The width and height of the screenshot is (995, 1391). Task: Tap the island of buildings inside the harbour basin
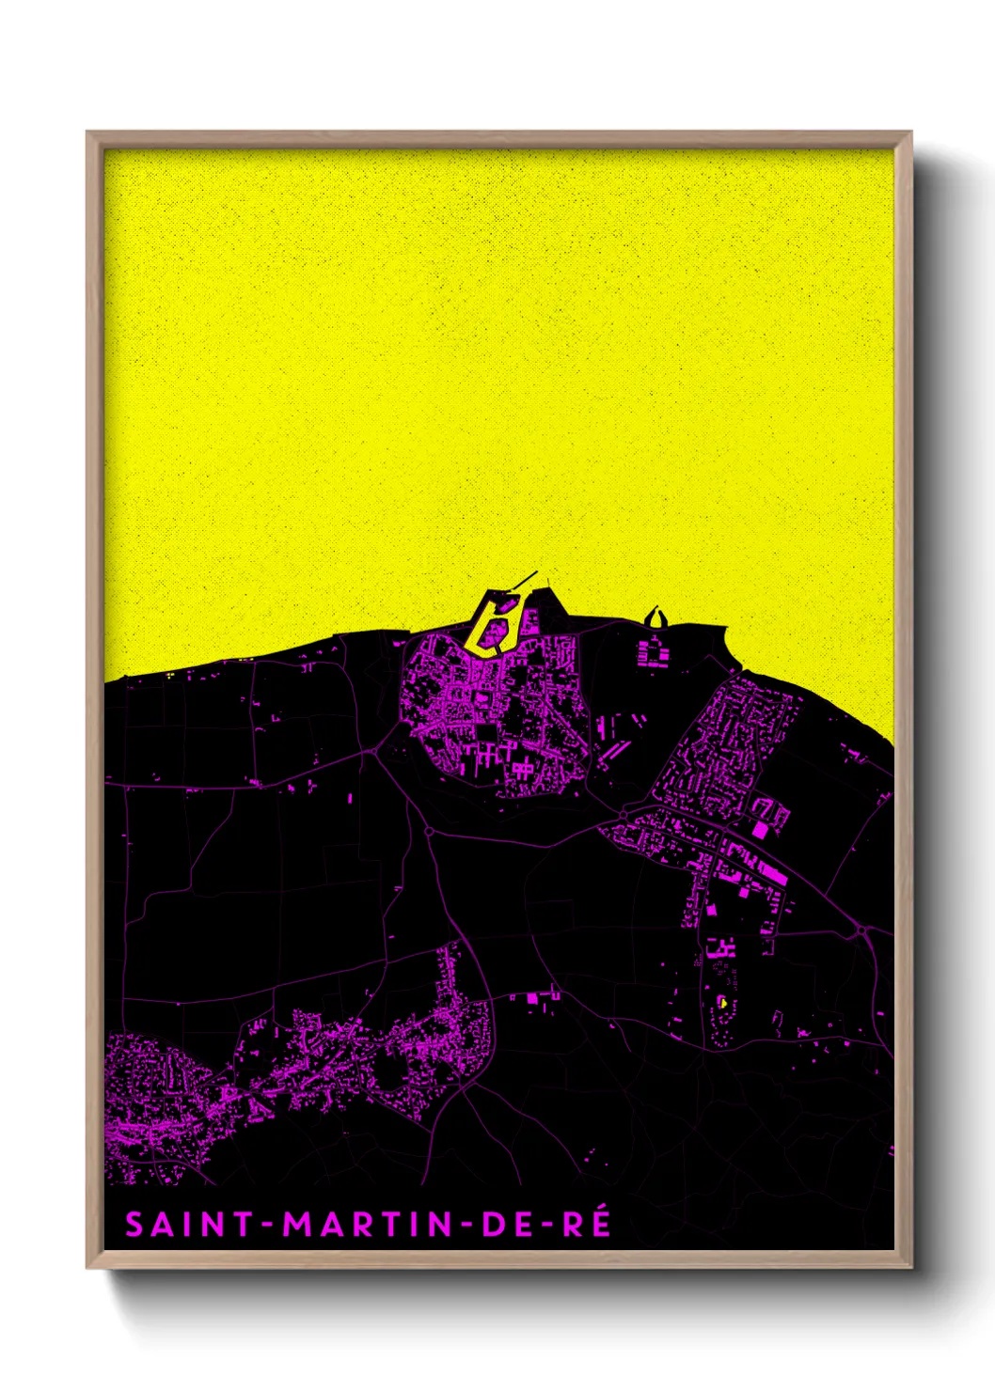[503, 607]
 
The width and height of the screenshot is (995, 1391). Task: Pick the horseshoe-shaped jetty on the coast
[655, 617]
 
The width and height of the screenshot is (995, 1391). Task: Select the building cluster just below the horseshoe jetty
[652, 650]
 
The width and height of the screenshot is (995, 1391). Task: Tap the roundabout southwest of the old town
[429, 831]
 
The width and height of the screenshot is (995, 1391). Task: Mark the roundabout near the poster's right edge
[861, 930]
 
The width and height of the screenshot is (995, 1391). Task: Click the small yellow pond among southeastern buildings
[722, 1003]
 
